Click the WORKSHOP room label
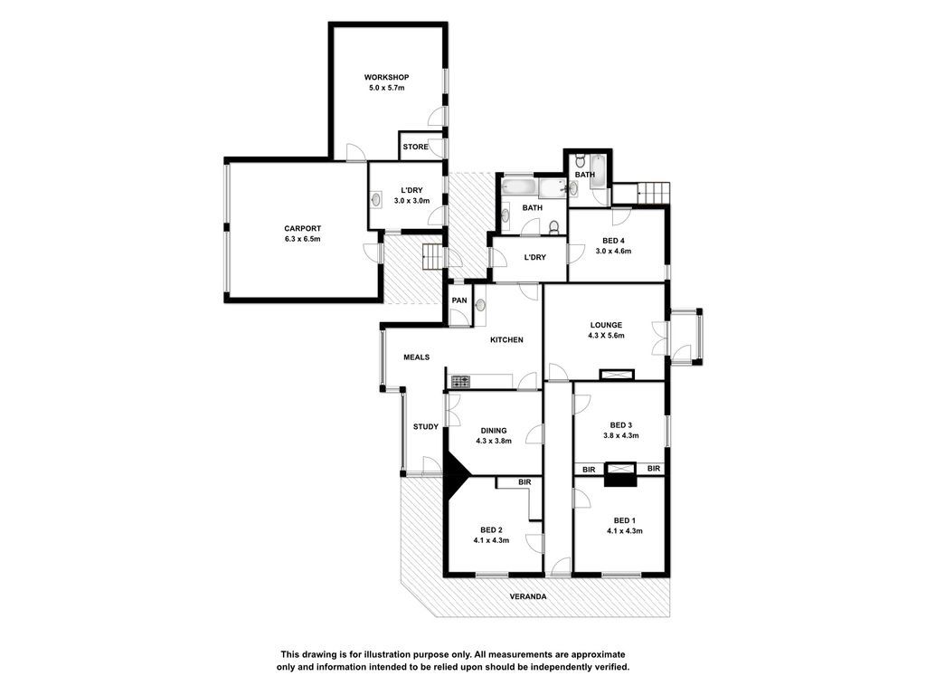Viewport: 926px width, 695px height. (386, 78)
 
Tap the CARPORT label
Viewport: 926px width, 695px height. (302, 229)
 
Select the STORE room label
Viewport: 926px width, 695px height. (415, 147)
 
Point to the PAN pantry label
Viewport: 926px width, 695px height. (459, 300)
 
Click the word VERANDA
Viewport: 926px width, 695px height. (528, 597)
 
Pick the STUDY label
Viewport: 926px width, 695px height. (426, 427)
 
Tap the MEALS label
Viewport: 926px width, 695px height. (416, 357)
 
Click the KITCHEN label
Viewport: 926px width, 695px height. (506, 340)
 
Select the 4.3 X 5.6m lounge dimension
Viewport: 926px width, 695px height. (606, 335)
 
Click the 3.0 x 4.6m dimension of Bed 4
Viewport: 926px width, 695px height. (613, 252)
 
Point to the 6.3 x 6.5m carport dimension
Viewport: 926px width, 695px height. (302, 239)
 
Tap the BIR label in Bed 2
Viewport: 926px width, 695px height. (524, 482)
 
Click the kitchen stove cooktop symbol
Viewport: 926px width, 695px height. (460, 382)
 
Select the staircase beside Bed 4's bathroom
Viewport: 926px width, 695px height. (654, 194)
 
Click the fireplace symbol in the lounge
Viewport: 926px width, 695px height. (617, 374)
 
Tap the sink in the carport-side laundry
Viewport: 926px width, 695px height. (376, 200)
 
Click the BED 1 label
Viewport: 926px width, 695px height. (625, 520)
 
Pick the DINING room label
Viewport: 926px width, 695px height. (493, 431)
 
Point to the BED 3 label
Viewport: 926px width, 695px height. (621, 425)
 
